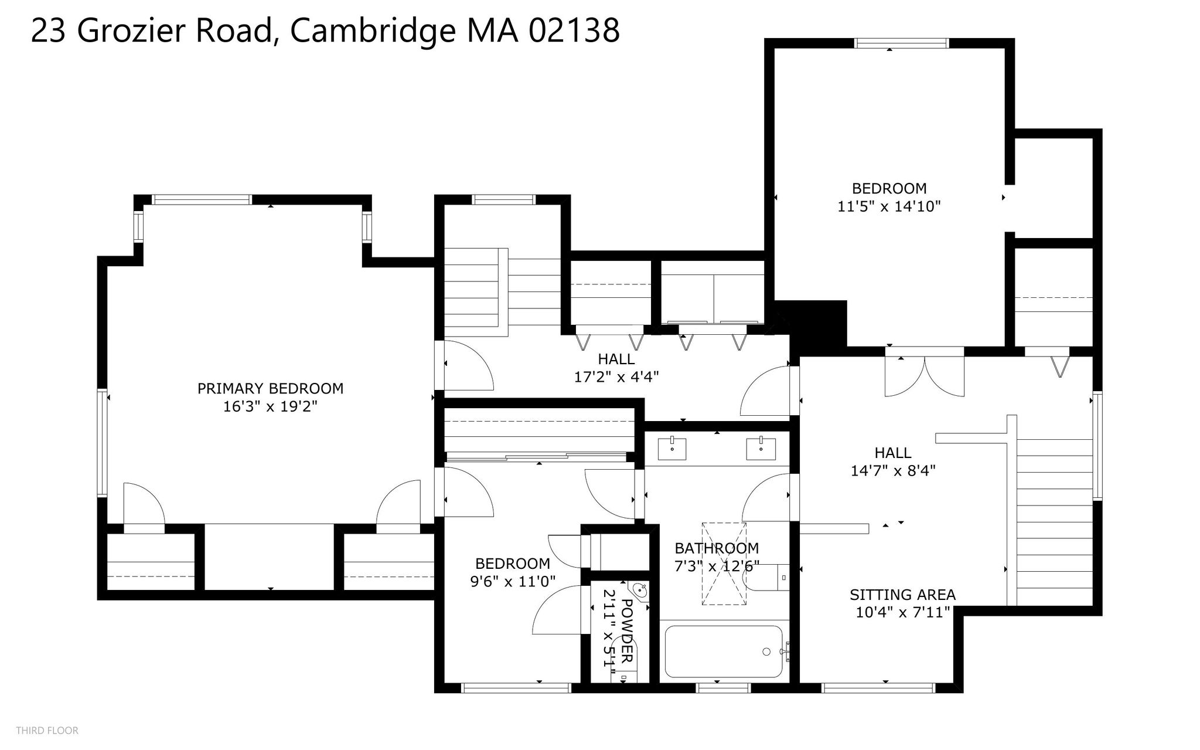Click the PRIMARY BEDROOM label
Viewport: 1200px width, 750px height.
tap(270, 388)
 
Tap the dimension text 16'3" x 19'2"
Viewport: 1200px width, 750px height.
tap(270, 406)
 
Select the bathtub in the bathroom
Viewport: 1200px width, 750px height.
tap(724, 651)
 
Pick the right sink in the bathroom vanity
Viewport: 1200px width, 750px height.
tap(761, 449)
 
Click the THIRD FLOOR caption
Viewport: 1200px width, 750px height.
tap(47, 731)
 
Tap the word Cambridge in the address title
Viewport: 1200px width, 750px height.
tap(373, 30)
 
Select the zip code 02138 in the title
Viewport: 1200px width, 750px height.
tap(574, 30)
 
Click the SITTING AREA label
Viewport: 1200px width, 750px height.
tap(902, 595)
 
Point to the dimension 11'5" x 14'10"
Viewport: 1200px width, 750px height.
tap(889, 206)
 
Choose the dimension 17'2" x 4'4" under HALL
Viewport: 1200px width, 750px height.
tap(616, 376)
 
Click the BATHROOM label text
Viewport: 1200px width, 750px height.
tap(717, 548)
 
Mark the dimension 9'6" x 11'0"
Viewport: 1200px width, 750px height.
tap(513, 581)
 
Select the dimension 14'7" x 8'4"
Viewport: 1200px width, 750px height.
tap(893, 470)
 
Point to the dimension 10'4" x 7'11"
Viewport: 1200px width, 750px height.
tap(902, 613)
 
